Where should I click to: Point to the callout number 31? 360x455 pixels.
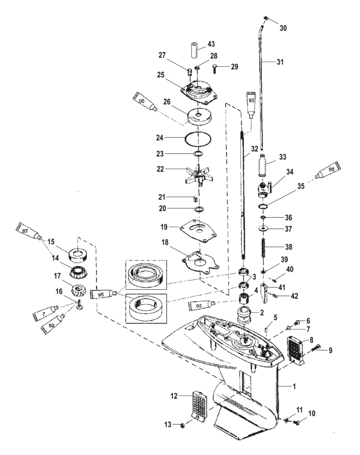pos(282,61)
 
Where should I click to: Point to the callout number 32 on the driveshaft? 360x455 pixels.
pos(256,149)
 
